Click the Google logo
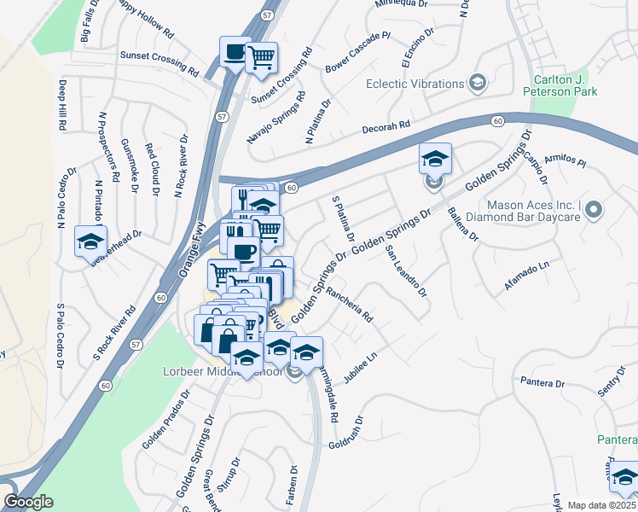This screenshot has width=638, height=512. [29, 502]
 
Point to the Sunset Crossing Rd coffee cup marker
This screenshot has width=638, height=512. [234, 52]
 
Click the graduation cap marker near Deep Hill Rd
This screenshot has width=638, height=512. [90, 241]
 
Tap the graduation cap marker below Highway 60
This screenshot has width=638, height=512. [434, 160]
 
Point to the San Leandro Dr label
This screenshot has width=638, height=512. [405, 272]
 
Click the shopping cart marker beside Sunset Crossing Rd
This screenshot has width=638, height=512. [262, 58]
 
